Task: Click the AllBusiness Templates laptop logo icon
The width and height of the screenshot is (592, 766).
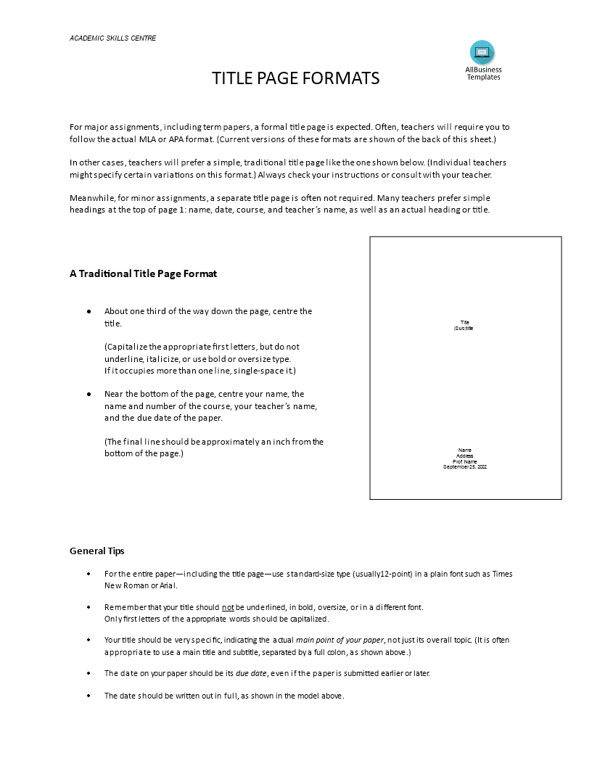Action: click(x=482, y=52)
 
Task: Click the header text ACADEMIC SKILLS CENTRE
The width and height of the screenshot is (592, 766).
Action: click(x=112, y=38)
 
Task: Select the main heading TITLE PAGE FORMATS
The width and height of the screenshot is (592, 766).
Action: click(x=295, y=78)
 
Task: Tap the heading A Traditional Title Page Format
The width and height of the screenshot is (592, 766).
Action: click(x=143, y=273)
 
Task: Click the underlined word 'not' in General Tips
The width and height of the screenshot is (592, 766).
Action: click(x=228, y=607)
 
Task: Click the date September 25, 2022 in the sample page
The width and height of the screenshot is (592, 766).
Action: click(x=465, y=467)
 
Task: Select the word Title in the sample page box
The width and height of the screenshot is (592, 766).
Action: click(x=465, y=322)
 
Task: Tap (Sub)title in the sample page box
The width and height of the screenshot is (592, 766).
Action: click(x=464, y=328)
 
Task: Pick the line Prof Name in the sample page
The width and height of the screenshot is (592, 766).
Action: click(x=465, y=461)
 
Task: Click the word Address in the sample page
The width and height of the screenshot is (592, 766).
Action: click(x=465, y=456)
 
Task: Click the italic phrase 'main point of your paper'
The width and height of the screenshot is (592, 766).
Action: click(x=340, y=640)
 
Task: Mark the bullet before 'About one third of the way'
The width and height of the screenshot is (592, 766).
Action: click(x=89, y=311)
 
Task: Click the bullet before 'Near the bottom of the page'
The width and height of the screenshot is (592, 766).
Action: click(x=89, y=394)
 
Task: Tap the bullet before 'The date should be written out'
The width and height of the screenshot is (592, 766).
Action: click(x=89, y=695)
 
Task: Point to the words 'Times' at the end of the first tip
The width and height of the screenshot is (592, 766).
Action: click(x=502, y=574)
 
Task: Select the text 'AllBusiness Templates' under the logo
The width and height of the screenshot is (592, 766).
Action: click(x=483, y=73)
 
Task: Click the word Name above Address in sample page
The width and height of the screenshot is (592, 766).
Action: click(x=465, y=450)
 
